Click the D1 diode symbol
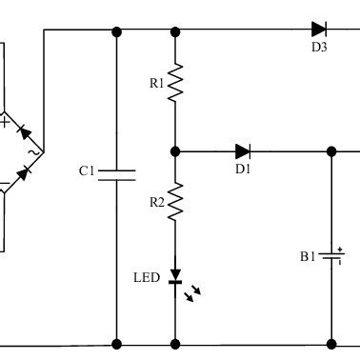pos(243,150)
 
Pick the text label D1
pos(242,171)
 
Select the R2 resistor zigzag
pos(175,202)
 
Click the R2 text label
pos(156,203)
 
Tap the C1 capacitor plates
pos(117,174)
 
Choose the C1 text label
pos(87,171)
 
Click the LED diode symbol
pos(175,277)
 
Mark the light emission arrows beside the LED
pos(194,293)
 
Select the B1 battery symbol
pos(331,256)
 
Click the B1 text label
pos(308,257)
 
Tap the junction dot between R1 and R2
pos(175,150)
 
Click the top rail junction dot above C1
pos(117,31)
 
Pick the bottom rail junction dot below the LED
pos(175,343)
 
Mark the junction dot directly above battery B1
pos(331,150)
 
